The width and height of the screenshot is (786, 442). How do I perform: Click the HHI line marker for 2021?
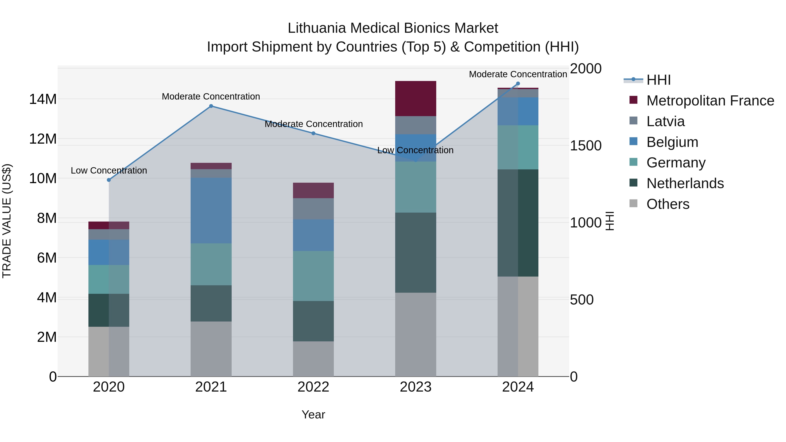pyautogui.click(x=211, y=106)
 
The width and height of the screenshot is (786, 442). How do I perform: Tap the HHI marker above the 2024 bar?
pyautogui.click(x=518, y=84)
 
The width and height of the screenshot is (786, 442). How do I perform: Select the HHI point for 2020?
pyautogui.click(x=109, y=180)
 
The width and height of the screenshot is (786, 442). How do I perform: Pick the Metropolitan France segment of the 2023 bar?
pyautogui.click(x=415, y=98)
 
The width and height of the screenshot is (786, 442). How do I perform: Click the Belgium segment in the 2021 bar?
pyautogui.click(x=211, y=210)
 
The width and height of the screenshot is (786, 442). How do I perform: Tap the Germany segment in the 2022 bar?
pyautogui.click(x=313, y=276)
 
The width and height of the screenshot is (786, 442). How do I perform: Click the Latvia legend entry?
pyautogui.click(x=665, y=121)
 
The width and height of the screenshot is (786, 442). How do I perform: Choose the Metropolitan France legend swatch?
pyautogui.click(x=633, y=100)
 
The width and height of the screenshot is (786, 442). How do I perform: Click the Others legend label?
pyautogui.click(x=668, y=204)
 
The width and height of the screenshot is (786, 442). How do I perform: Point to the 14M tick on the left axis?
pyautogui.click(x=43, y=99)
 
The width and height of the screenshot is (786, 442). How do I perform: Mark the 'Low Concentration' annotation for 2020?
pyautogui.click(x=109, y=170)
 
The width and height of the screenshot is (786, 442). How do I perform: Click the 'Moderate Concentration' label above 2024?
pyautogui.click(x=518, y=74)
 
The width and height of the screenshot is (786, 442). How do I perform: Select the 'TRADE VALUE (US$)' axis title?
pyautogui.click(x=7, y=221)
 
